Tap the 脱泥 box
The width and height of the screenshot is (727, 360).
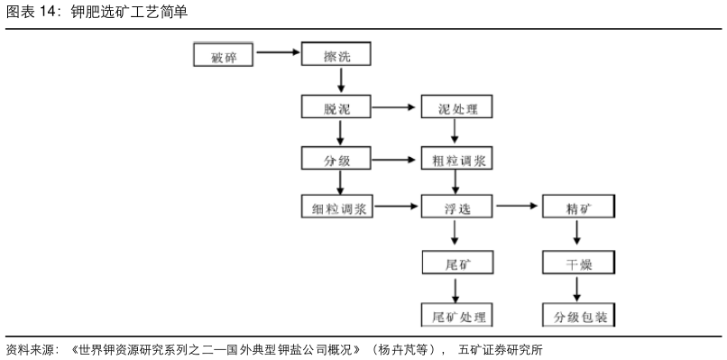pyautogui.click(x=335, y=108)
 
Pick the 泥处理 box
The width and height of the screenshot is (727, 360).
pyautogui.click(x=456, y=108)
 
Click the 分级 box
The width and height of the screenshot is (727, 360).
pyautogui.click(x=335, y=160)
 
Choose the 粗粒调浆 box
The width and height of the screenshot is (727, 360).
pyautogui.click(x=456, y=160)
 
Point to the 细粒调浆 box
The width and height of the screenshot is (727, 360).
pyautogui.click(x=335, y=208)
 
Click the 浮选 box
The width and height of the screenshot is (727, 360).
pyautogui.click(x=456, y=208)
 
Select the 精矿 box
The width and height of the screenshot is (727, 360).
pyautogui.click(x=578, y=208)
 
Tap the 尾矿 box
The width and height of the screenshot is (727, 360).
pyautogui.click(x=456, y=263)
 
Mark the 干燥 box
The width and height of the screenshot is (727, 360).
pyautogui.click(x=578, y=263)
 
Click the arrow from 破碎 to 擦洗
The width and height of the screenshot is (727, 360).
pyautogui.click(x=277, y=53)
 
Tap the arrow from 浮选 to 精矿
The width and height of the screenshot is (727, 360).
pyautogui.click(x=517, y=207)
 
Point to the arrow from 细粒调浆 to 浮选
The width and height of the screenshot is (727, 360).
pyautogui.click(x=395, y=207)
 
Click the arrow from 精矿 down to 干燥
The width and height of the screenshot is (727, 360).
pyautogui.click(x=577, y=235)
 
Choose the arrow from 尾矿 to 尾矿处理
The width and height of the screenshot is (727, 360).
pyautogui.click(x=456, y=289)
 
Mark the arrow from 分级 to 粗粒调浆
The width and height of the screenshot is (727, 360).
pyautogui.click(x=395, y=160)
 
